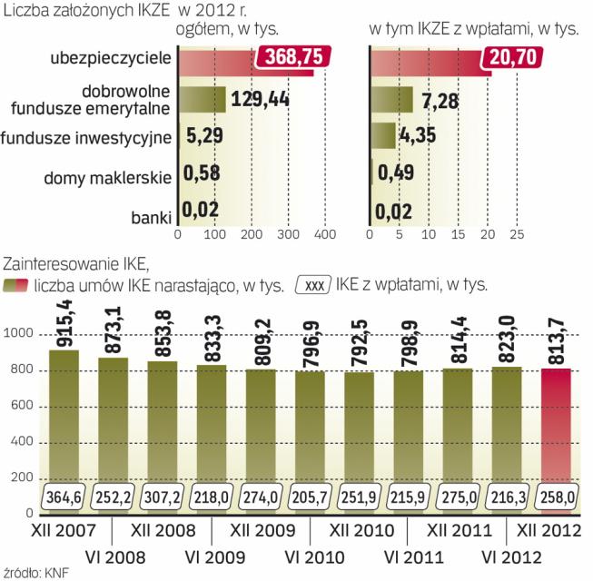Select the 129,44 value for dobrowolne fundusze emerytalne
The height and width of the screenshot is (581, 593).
click(260, 99)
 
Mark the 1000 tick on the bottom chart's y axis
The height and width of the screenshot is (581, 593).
click(20, 335)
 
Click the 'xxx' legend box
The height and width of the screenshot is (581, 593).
click(313, 284)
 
